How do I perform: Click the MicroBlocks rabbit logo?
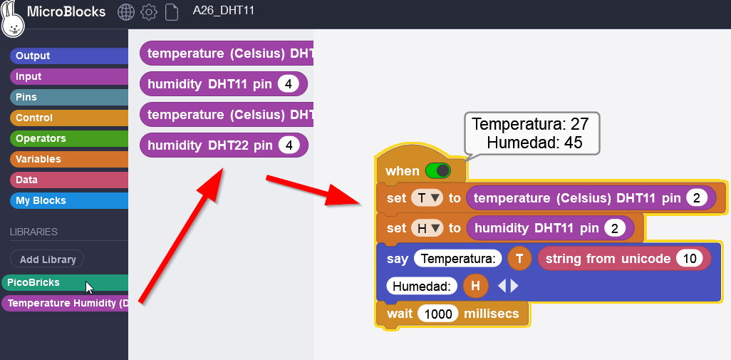pos(13,19)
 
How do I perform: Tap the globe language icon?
pos(126,12)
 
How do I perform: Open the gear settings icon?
pos(149,12)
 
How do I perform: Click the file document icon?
pos(171,12)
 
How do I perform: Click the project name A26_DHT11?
pos(223,11)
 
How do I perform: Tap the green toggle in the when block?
pos(438,171)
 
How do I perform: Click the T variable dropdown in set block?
pos(427,198)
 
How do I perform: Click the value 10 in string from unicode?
pos(689,259)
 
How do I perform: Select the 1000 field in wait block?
pos(437,314)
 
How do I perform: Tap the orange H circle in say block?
pos(475,287)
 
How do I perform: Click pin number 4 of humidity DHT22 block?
pos(289,145)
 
